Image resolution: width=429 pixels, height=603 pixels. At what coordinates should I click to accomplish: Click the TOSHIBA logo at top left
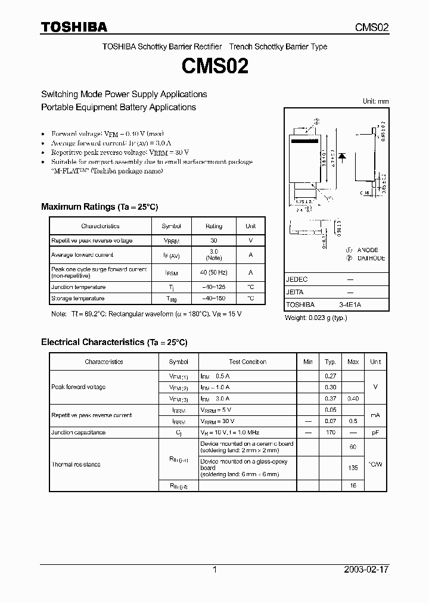pos(74,27)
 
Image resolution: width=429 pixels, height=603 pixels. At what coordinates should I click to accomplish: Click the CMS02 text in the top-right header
pos(372,27)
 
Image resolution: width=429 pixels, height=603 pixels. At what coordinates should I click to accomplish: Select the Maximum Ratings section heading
pos(100,207)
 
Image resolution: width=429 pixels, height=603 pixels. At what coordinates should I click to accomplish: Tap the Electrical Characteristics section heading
pos(114,342)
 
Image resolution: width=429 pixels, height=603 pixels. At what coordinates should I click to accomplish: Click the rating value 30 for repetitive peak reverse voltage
pos(214,240)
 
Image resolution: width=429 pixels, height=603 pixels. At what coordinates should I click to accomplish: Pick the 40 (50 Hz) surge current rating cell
pos(214,272)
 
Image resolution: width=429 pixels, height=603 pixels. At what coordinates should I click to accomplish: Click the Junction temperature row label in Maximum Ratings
pos(78,287)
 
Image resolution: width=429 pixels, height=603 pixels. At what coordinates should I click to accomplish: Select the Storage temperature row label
pos(77,298)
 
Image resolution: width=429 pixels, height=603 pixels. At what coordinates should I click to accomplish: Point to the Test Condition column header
pos(247,362)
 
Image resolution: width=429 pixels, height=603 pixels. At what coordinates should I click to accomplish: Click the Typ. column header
pos(330,362)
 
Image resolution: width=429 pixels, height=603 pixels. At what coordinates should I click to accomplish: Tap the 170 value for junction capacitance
pos(330,432)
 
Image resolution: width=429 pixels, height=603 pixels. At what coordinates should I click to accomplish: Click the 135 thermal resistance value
pos(353,468)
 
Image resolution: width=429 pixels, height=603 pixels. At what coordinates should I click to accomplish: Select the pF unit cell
pos(375,432)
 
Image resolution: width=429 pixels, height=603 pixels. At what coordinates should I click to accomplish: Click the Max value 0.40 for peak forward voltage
pos(353,398)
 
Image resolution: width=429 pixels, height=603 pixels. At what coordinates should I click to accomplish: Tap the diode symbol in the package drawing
pos(343,156)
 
